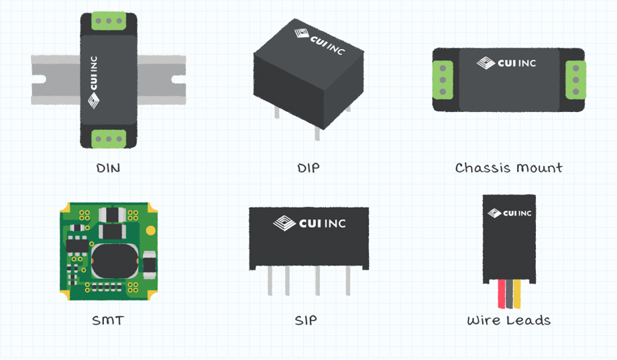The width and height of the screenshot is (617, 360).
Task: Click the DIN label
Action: (x=108, y=168)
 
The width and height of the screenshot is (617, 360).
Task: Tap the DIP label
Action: (x=308, y=168)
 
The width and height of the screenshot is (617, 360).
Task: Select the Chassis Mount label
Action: (x=508, y=168)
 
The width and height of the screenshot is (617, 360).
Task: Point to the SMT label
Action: (x=108, y=320)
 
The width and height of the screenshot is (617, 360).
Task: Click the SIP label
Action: (x=306, y=320)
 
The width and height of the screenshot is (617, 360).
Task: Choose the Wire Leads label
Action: (x=508, y=320)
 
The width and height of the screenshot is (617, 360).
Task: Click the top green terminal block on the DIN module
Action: (x=107, y=20)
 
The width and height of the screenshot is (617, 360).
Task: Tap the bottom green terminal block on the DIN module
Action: (x=107, y=138)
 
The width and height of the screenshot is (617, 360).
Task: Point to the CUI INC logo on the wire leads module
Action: (x=509, y=213)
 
